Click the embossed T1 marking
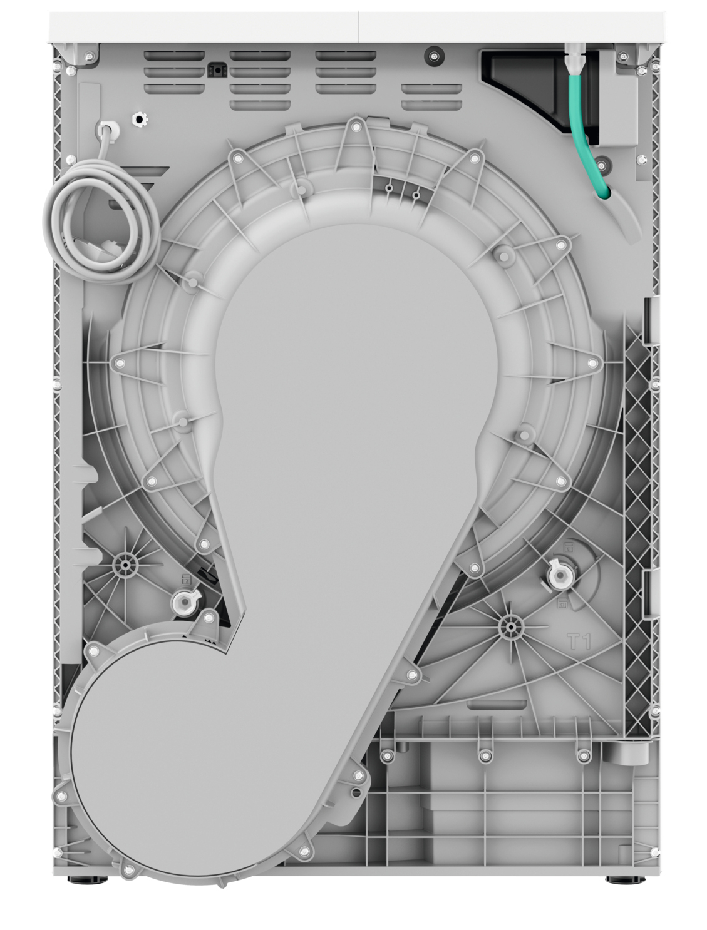(x=579, y=641)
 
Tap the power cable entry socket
(x=108, y=128)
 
